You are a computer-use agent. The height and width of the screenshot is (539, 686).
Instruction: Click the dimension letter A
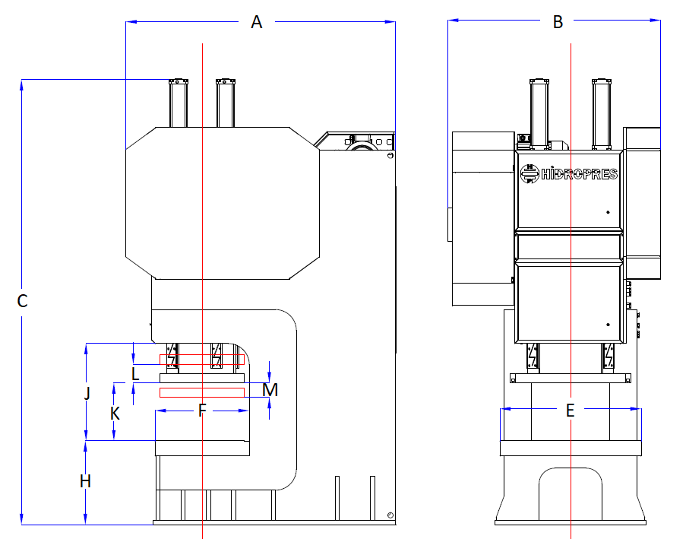(x=256, y=22)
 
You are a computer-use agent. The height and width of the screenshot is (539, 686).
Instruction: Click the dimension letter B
(x=558, y=22)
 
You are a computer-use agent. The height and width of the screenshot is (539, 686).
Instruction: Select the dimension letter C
(x=22, y=301)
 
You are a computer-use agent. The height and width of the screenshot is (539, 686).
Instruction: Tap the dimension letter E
(x=570, y=411)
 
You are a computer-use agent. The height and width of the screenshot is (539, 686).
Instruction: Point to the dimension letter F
(x=201, y=411)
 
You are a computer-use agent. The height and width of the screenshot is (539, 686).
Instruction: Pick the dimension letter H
(x=85, y=481)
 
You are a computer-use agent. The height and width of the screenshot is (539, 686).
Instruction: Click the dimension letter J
(x=87, y=393)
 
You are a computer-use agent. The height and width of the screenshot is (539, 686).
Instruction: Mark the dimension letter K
(x=115, y=414)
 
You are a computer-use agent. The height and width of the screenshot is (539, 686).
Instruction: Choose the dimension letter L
(x=135, y=374)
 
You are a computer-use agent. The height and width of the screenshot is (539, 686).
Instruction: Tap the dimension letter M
(x=270, y=390)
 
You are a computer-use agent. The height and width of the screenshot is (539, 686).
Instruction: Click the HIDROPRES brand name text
(x=579, y=174)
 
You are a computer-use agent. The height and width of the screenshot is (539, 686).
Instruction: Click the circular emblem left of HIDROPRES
(x=530, y=173)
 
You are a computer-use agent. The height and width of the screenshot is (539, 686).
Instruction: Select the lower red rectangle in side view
(x=201, y=392)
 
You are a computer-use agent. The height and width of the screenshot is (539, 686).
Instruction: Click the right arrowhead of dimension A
(x=390, y=21)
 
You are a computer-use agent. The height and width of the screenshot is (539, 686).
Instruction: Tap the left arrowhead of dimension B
(x=454, y=20)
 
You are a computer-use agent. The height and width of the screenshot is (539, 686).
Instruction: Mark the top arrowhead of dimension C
(x=21, y=85)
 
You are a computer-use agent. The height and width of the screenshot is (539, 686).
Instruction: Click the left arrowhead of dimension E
(x=505, y=409)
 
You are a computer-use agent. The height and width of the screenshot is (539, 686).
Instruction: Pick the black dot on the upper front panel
(x=608, y=212)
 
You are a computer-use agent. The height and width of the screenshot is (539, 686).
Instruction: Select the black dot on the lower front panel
(x=608, y=325)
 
